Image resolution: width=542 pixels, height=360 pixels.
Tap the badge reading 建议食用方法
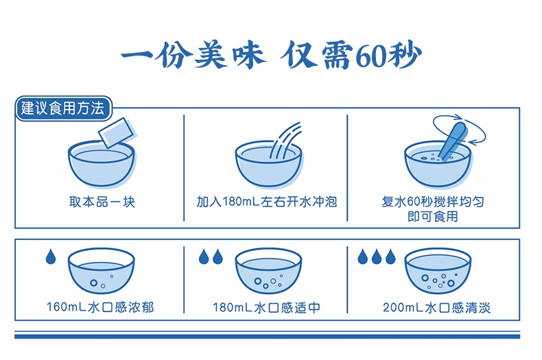point(64,108)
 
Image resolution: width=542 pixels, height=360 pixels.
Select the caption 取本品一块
point(102,202)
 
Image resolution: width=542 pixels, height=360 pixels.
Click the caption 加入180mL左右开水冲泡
point(266,202)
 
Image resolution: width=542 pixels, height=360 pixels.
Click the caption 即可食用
point(432,217)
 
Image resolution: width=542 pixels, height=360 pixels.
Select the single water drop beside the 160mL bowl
point(51,256)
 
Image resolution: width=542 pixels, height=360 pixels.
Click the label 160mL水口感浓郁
point(100,307)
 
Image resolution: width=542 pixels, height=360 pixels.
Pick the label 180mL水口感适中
point(266,307)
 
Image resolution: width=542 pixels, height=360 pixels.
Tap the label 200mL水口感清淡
point(436,307)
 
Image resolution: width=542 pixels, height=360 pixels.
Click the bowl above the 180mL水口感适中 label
point(268,271)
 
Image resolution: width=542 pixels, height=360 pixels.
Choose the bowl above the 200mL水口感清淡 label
point(438,271)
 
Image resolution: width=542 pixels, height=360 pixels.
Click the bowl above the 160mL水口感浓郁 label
point(102,271)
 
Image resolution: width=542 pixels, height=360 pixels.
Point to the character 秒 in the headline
point(404,56)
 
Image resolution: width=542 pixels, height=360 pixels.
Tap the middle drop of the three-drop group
point(377,256)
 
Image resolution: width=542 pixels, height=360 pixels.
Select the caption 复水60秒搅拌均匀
point(433,202)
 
